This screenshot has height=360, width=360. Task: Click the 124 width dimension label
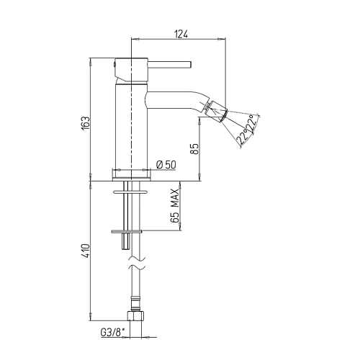click(x=181, y=35)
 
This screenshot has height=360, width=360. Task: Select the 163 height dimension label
click(x=85, y=123)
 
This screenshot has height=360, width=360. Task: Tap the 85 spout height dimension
click(x=195, y=149)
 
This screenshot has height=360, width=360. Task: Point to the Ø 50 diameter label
click(x=166, y=165)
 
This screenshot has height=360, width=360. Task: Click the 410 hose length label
click(x=85, y=251)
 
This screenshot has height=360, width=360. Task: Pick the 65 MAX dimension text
click(x=175, y=206)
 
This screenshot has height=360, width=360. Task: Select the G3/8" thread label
click(x=113, y=333)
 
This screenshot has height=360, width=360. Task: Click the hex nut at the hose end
click(x=135, y=316)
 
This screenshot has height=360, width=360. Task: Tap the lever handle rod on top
click(x=169, y=65)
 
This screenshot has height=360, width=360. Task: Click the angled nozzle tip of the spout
click(x=217, y=110)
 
